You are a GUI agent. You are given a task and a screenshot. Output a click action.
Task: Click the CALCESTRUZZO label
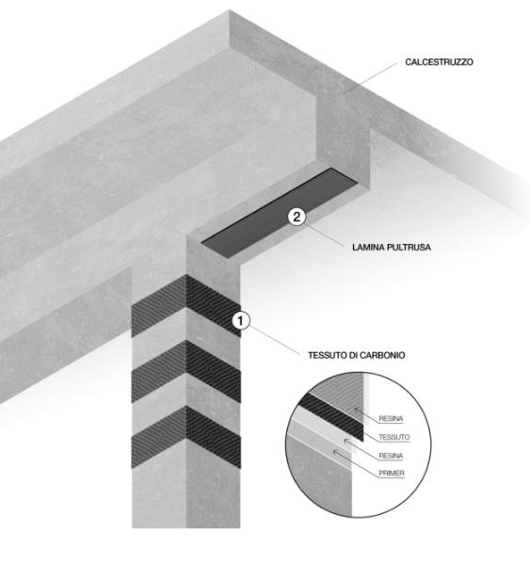click(439, 62)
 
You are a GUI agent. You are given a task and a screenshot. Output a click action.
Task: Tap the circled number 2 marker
click(297, 217)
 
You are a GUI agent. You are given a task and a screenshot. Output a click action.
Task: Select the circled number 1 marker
click(241, 321)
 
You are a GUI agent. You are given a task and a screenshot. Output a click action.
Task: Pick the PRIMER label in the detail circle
click(392, 473)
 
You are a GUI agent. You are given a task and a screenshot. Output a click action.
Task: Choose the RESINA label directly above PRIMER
click(391, 456)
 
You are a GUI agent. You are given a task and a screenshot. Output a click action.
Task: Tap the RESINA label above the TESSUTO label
click(391, 419)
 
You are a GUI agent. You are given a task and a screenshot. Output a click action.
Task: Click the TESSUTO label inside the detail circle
click(394, 437)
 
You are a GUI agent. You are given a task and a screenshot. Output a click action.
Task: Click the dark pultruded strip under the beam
click(280, 213)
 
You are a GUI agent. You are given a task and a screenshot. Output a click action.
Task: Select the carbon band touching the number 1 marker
click(185, 306)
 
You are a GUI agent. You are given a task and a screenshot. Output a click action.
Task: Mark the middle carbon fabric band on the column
click(185, 372)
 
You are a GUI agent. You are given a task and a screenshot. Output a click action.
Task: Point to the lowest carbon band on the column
click(185, 438)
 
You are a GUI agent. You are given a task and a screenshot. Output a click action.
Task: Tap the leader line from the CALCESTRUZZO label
click(370, 78)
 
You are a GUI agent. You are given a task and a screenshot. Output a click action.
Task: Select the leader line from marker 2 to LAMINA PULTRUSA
click(324, 234)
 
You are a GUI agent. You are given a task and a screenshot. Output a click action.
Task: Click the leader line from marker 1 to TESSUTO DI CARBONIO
click(274, 340)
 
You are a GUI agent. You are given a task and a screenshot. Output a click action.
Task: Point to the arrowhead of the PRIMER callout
click(335, 451)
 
